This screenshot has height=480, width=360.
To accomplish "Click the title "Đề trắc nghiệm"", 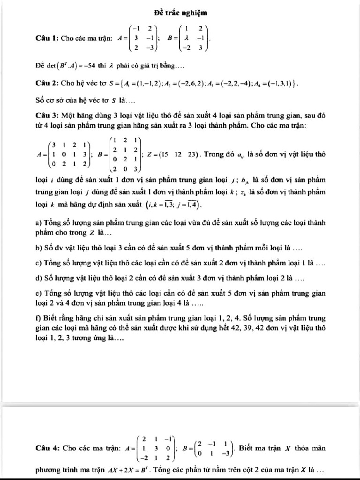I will [180, 12].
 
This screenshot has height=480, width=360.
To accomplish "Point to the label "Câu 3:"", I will [48, 115].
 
